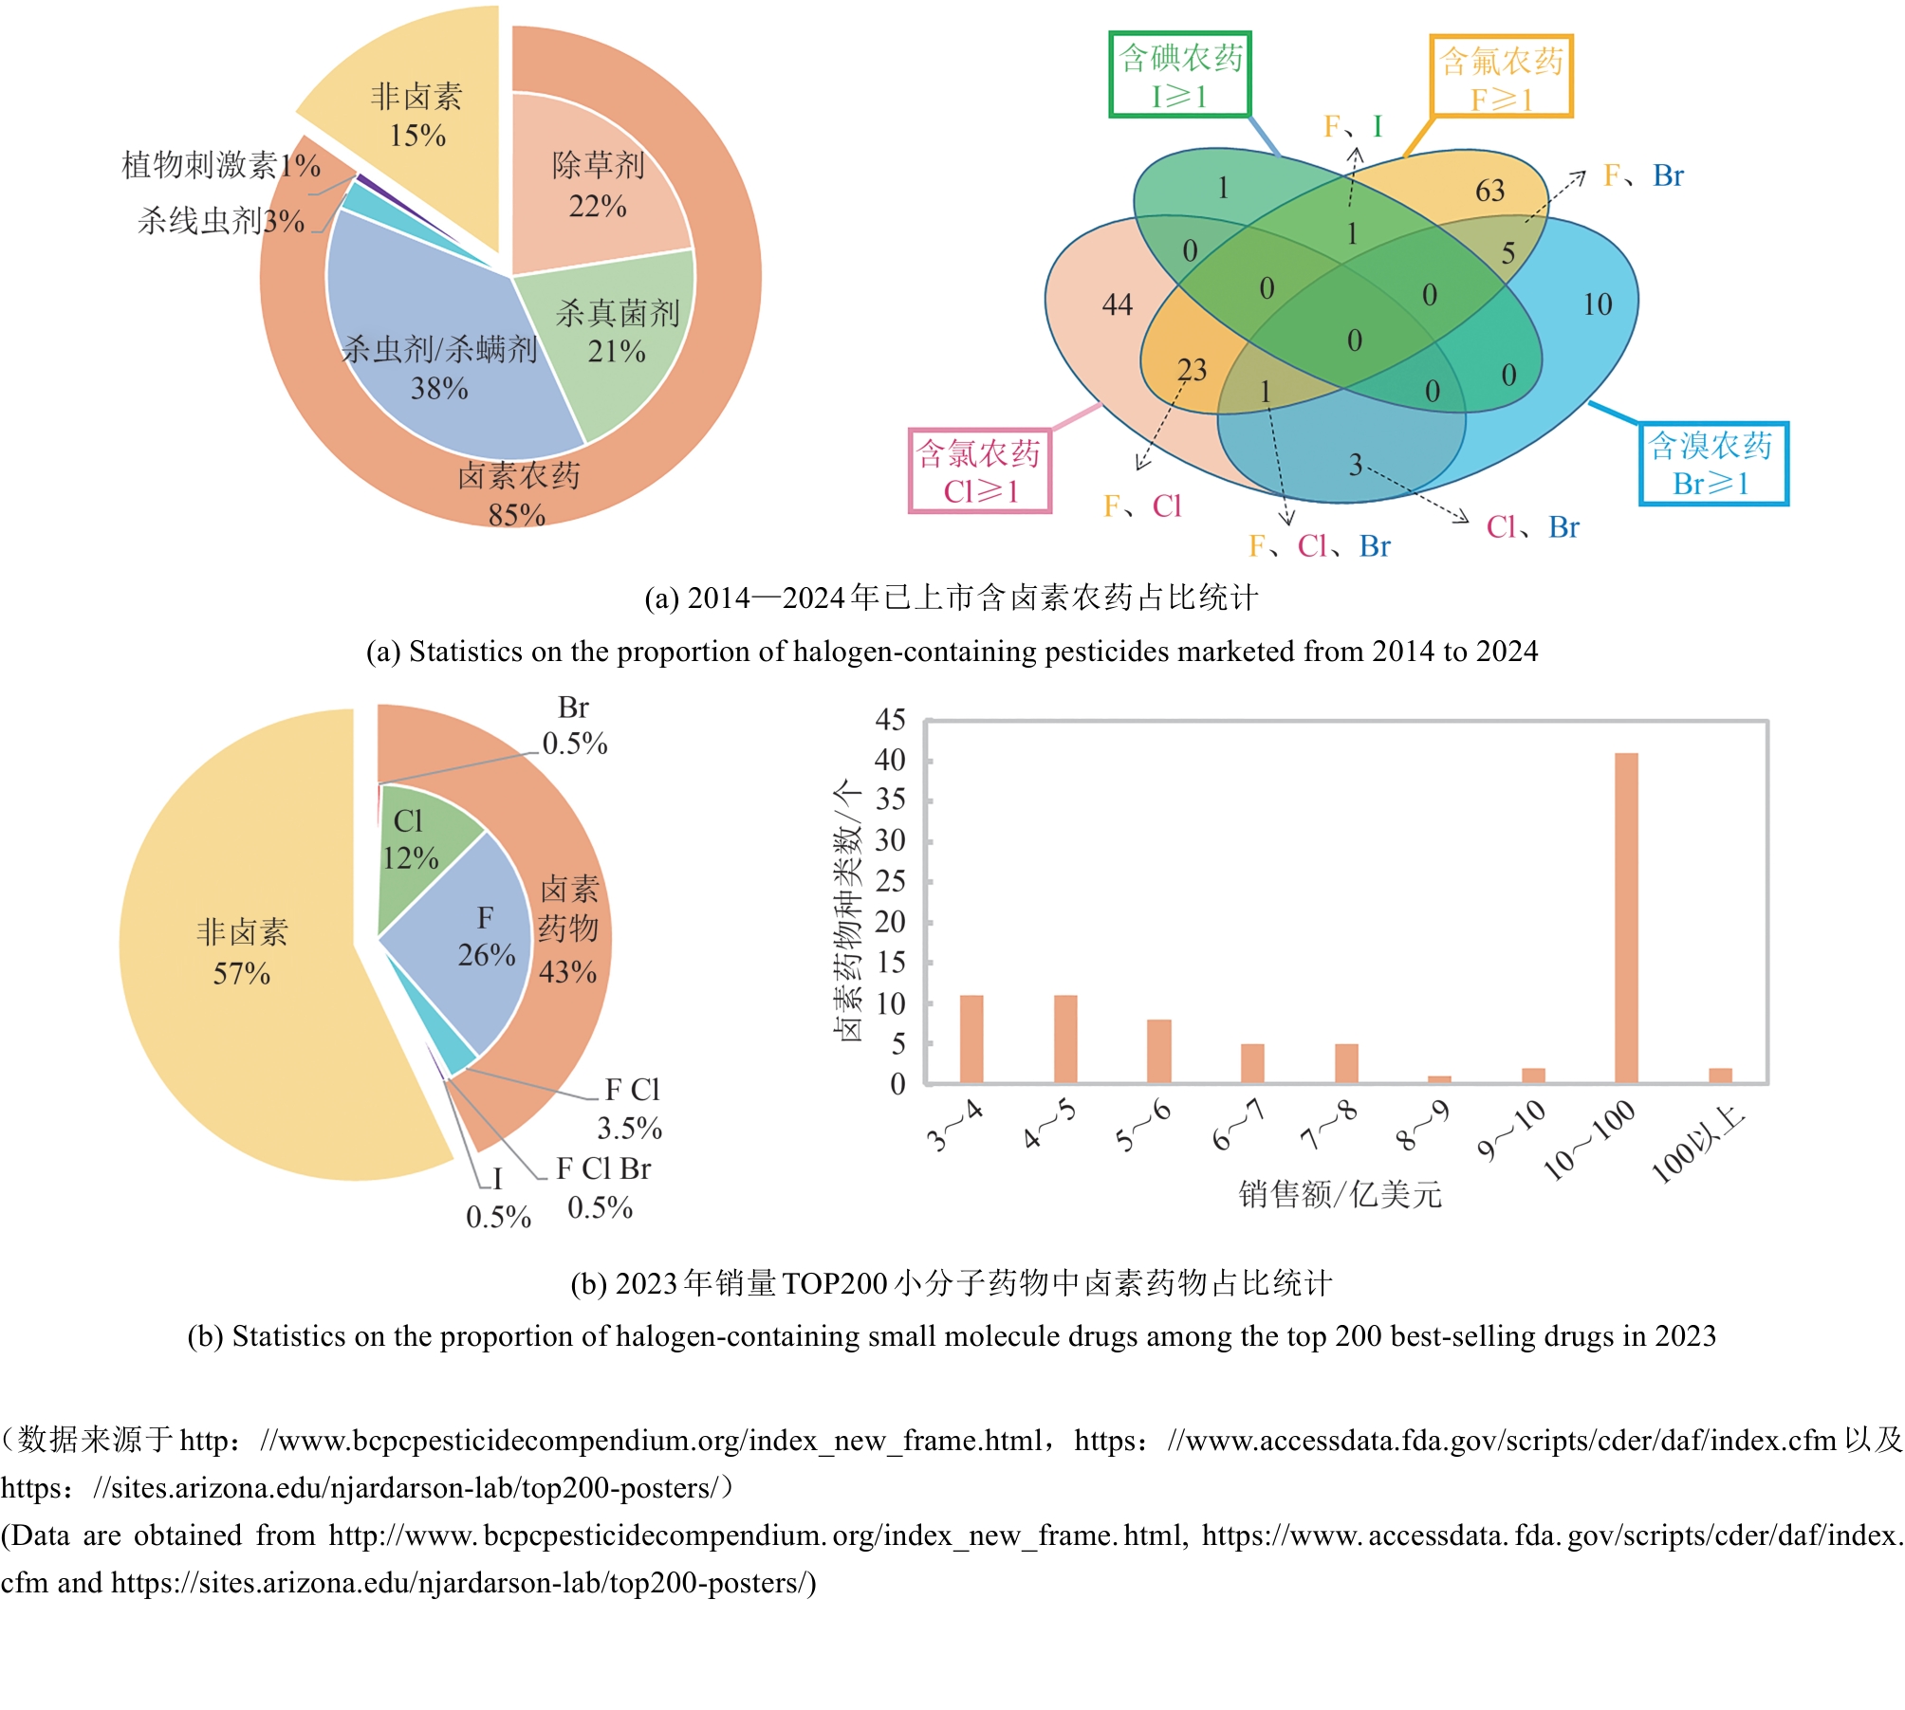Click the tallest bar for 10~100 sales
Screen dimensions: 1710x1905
pos(1626,917)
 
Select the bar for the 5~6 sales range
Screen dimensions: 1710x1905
pos(1158,1051)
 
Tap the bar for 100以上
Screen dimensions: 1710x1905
pos(1720,1076)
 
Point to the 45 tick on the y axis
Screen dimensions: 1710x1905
pos(890,720)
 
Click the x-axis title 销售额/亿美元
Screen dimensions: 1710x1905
pos(1340,1194)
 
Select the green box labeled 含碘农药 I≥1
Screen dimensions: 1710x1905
pos(1180,75)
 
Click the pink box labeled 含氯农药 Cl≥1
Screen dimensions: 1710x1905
pos(980,471)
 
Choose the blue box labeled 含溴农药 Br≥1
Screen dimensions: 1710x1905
pos(1712,464)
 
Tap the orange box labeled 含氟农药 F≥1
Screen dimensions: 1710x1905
pos(1501,78)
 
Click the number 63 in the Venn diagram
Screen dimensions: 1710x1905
pos(1489,191)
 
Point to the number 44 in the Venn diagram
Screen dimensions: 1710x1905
pos(1118,304)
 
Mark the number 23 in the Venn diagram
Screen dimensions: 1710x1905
pos(1192,369)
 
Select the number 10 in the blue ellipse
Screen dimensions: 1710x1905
pos(1597,304)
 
